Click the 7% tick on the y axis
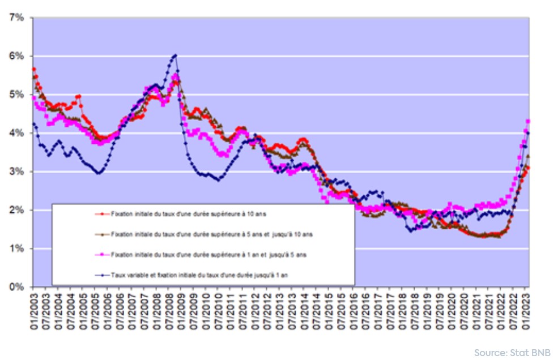pos(16,18)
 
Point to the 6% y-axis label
pos(16,56)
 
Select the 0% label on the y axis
pos(16,287)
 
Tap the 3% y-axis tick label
pos(16,172)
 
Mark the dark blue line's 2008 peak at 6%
pos(175,55)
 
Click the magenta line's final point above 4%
pos(528,121)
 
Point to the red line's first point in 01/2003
pos(33,69)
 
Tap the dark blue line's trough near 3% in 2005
pos(99,173)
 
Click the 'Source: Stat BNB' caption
pos(512,352)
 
